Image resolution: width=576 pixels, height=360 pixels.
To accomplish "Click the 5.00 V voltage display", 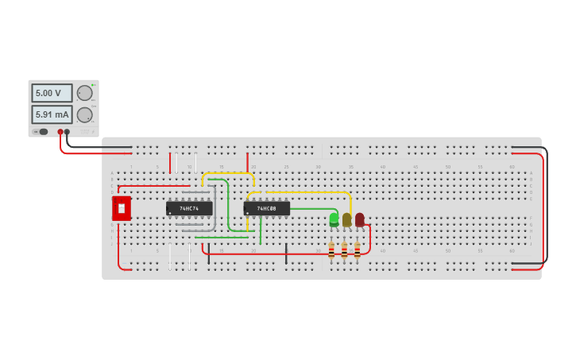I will (52, 93).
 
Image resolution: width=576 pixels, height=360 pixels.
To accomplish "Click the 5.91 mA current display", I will (52, 114).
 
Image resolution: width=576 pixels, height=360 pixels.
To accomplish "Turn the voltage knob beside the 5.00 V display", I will (85, 93).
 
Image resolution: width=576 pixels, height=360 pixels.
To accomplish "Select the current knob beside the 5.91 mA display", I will (85, 114).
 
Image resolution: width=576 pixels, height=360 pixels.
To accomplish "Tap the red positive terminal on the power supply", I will (60, 132).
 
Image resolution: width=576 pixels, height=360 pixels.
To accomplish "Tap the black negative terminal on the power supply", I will (67, 132).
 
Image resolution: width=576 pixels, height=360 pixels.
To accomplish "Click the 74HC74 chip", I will (189, 208).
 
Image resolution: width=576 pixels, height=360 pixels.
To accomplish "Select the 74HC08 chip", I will (266, 208).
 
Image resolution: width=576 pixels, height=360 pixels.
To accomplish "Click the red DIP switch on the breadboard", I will (121, 208).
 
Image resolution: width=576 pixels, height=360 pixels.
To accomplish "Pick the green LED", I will (334, 219).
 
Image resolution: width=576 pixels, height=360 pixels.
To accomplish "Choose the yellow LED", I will (346, 219).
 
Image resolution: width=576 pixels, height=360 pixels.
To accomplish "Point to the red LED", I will (359, 219).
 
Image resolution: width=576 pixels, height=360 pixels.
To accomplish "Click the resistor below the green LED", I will (331, 250).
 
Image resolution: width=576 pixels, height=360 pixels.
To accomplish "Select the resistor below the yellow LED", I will (344, 250).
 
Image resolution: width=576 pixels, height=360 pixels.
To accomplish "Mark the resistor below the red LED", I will (357, 250).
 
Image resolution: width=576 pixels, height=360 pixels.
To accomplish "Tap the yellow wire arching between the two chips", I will (228, 173).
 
